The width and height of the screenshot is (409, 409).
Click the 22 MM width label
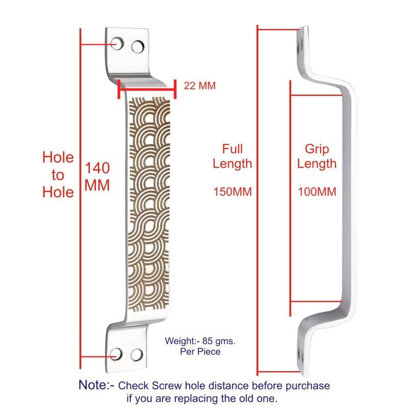tap(200, 86)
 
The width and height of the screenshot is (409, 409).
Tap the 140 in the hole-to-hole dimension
tap(97, 168)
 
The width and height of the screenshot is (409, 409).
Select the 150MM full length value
tap(233, 192)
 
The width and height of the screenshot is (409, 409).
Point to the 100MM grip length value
tap(317, 192)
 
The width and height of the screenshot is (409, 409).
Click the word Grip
tap(316, 150)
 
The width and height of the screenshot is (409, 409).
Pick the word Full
tap(232, 149)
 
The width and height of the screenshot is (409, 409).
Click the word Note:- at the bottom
tap(97, 385)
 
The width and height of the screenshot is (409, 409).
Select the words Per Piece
tap(200, 352)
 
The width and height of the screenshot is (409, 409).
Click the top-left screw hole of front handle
tap(117, 43)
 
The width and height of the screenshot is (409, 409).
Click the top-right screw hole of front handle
tap(138, 47)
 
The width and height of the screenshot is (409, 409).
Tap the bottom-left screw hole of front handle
tap(116, 354)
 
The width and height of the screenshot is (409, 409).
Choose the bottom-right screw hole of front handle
tap(137, 355)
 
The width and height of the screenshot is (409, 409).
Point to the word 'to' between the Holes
tap(58, 175)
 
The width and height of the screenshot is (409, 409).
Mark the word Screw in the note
tap(167, 385)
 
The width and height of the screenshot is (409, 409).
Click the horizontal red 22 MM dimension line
tap(147, 89)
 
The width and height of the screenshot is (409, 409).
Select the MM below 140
tap(97, 186)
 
